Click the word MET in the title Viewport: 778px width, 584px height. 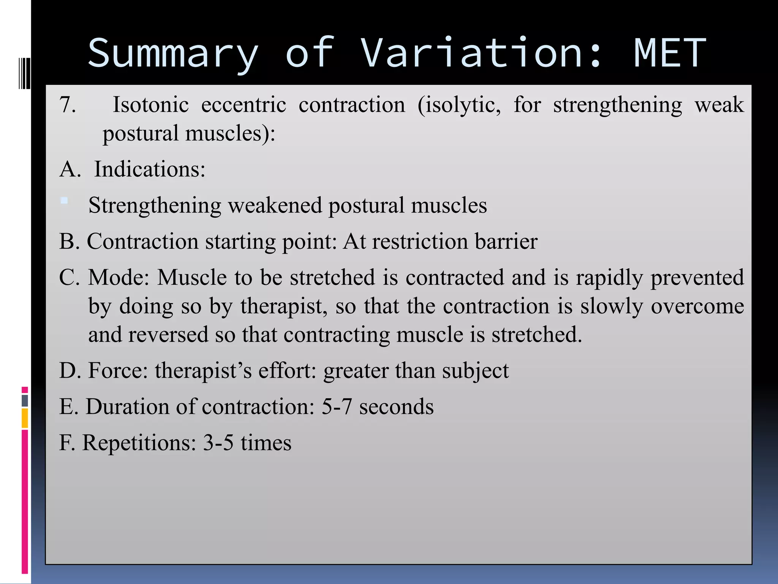(669, 53)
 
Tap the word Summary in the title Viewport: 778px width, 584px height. (173, 53)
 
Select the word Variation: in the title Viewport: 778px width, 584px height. (481, 53)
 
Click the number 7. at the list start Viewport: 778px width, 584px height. (68, 105)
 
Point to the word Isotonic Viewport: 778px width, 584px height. (150, 105)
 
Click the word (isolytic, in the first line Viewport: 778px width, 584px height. (459, 105)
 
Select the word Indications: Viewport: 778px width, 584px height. (150, 169)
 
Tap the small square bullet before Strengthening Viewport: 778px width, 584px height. (65, 200)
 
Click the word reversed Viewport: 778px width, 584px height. (168, 335)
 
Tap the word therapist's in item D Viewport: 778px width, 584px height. (203, 371)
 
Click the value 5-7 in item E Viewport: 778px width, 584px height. (337, 407)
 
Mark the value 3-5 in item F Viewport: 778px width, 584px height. (218, 443)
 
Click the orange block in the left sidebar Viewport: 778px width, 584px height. (25, 418)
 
